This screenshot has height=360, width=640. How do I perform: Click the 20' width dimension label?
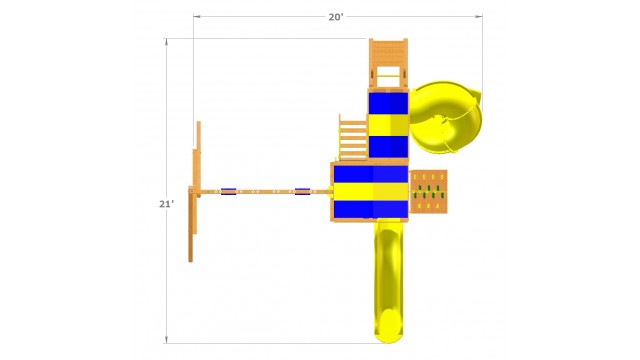coord(336,17)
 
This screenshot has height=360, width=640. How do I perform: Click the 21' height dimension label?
coord(167,204)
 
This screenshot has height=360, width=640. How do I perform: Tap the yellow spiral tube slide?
coord(447,116)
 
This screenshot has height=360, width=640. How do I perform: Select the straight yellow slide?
coord(388,281)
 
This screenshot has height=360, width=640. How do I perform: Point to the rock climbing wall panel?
coord(429,192)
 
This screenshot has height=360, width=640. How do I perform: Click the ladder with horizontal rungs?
coord(353,139)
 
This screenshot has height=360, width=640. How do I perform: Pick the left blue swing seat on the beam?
coord(229,191)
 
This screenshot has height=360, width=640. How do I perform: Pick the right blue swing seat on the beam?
coord(302,191)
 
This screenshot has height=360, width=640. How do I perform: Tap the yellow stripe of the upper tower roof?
coord(388,125)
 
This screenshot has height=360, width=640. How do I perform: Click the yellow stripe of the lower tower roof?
coord(371,191)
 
